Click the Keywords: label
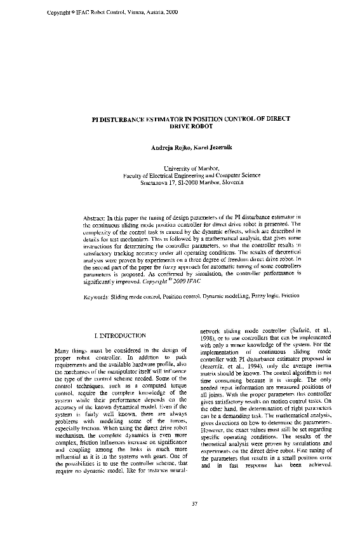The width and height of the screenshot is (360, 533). point(98,297)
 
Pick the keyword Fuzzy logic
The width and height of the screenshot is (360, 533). point(259,297)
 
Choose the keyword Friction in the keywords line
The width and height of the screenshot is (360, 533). point(289,297)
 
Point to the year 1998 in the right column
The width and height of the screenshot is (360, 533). point(209,339)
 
